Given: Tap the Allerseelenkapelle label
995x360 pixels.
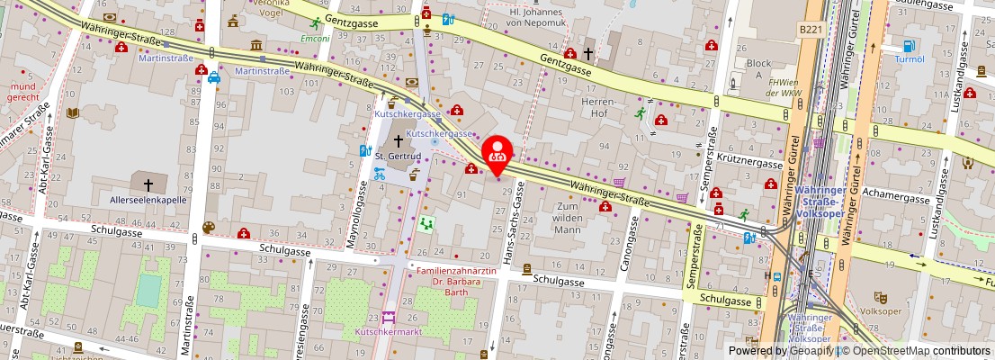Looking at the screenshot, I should (148, 200).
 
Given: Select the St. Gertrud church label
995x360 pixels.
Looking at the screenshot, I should (392, 156).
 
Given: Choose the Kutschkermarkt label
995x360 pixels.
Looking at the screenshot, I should (389, 331).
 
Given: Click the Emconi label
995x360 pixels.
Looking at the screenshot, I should (315, 40).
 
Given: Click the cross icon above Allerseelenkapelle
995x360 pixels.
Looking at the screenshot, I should (148, 185).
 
